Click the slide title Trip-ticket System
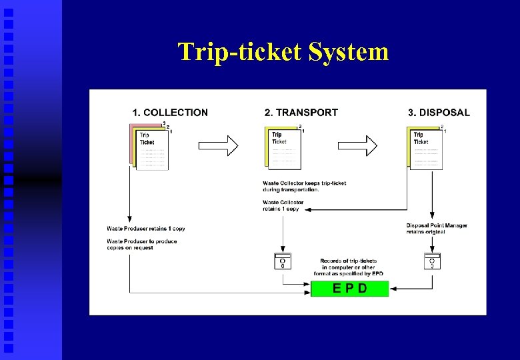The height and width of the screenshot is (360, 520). tap(283, 51)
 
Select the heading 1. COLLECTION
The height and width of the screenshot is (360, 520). tap(170, 113)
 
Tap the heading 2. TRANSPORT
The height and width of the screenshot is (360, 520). tap(301, 113)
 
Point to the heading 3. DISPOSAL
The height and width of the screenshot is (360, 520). tap(439, 113)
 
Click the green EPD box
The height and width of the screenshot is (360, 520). tap(350, 289)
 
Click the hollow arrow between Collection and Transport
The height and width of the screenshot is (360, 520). tap(219, 145)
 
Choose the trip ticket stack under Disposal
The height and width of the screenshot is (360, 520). tap(425, 148)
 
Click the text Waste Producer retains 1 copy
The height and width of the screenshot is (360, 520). tap(145, 229)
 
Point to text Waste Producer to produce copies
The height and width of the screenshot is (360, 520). tap(141, 244)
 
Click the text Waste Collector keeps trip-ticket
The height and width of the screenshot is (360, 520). tap(304, 186)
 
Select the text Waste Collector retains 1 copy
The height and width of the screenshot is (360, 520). tap(283, 205)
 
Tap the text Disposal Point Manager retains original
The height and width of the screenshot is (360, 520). tap(436, 229)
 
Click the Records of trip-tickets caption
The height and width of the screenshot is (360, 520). tap(348, 267)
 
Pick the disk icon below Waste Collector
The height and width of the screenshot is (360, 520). tap(283, 261)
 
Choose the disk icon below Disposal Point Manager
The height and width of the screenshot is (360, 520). tap(432, 261)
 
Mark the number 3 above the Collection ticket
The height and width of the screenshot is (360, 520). tap(164, 123)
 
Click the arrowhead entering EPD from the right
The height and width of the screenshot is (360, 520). tap(393, 290)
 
